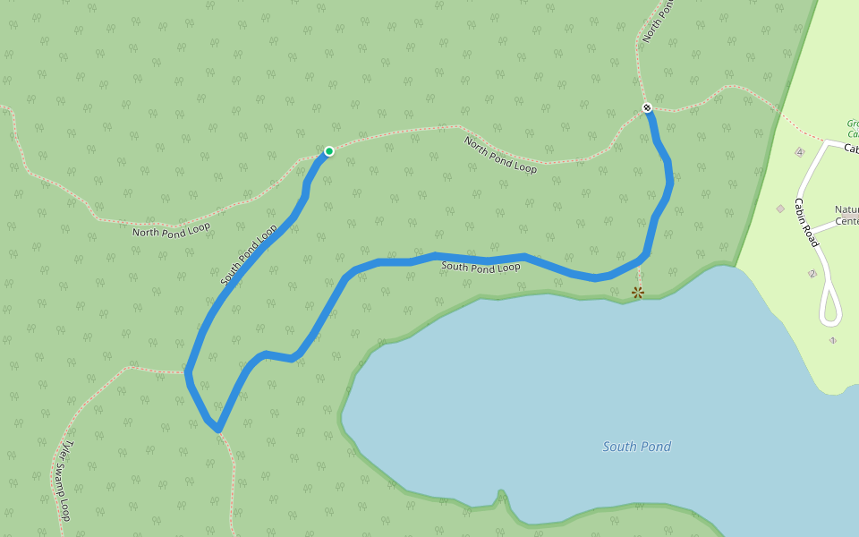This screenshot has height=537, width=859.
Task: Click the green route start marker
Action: click(329, 151)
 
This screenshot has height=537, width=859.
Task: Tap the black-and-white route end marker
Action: click(647, 108)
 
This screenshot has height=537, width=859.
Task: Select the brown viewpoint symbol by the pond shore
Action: click(638, 293)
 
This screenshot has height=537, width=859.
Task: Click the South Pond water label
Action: click(636, 447)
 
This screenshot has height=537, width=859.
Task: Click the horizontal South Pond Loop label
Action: click(481, 267)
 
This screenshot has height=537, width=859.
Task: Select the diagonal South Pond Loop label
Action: click(249, 255)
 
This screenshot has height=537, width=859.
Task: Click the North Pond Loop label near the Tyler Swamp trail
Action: click(171, 230)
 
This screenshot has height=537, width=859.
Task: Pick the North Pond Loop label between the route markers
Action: click(500, 154)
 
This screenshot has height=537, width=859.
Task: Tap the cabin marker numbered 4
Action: click(799, 152)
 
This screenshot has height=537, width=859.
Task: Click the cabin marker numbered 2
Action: click(812, 274)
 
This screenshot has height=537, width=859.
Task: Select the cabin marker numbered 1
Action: click(832, 340)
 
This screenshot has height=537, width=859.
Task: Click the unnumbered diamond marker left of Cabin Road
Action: click(780, 209)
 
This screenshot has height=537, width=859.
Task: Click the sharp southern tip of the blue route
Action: click(217, 430)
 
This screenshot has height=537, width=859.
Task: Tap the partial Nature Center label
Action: click(846, 216)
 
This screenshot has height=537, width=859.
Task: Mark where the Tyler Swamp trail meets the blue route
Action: click(187, 371)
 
